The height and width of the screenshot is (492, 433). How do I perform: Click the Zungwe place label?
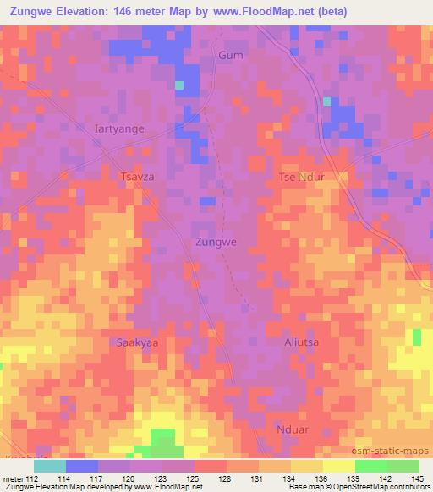[216, 242]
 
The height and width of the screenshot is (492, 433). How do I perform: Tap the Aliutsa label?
[301, 343]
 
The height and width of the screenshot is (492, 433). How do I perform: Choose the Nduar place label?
[293, 429]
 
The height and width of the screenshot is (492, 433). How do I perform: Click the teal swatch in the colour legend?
[49, 466]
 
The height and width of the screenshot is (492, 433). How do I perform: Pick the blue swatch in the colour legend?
[81, 466]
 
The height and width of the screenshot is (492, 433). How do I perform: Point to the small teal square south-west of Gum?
[178, 85]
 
